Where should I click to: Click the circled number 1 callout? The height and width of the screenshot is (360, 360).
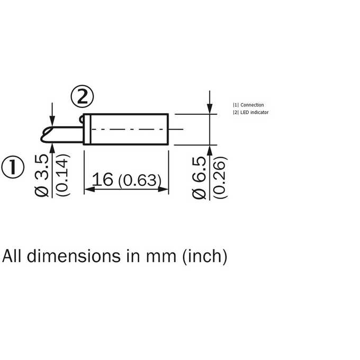[13, 167]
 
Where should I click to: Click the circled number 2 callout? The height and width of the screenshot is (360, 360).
[82, 97]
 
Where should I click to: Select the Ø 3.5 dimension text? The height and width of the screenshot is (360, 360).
[42, 175]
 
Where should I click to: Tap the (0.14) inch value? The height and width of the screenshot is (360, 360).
[62, 175]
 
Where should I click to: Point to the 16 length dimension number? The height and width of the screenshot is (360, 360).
[102, 179]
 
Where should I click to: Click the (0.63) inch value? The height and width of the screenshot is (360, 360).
[140, 181]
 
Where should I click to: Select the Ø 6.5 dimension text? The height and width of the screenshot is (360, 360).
[199, 177]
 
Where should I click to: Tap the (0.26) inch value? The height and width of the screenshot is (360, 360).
[220, 177]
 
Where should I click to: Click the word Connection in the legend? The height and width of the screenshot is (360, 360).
[252, 105]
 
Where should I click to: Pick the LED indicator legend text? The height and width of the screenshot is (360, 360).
[255, 112]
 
